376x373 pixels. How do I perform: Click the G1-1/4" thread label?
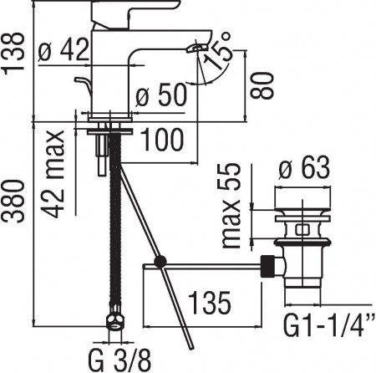point(328,322)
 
